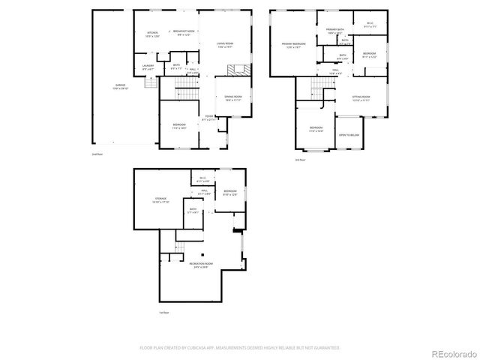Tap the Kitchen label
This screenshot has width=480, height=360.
pyautogui.click(x=152, y=34)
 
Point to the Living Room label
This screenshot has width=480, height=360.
pyautogui.click(x=225, y=45)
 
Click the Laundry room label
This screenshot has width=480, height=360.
pyautogui.click(x=148, y=67)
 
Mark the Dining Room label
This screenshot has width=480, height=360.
pyautogui.click(x=232, y=97)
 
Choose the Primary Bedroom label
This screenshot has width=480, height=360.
pyautogui.click(x=293, y=46)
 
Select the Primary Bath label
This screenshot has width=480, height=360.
pyautogui.click(x=334, y=31)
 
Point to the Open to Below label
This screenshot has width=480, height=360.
pyautogui.click(x=348, y=135)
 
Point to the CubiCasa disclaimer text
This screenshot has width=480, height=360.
pyautogui.click(x=240, y=348)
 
